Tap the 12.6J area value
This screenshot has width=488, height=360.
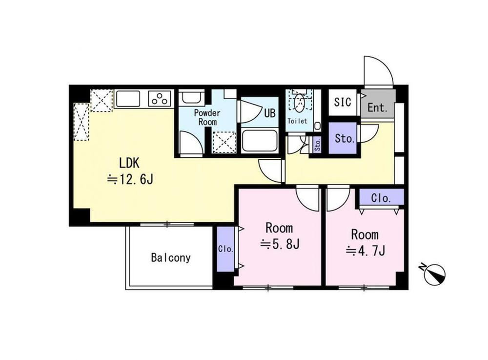(x=130, y=179)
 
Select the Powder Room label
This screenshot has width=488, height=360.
(x=207, y=117)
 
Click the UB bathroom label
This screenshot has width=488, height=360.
(x=270, y=113)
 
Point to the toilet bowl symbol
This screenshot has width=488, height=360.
(x=300, y=103)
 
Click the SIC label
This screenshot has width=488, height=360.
(x=343, y=102)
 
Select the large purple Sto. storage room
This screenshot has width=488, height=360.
(x=345, y=138)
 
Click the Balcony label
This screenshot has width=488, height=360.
(x=170, y=258)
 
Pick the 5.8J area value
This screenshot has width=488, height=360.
(x=280, y=244)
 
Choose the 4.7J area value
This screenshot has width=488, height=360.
(x=366, y=250)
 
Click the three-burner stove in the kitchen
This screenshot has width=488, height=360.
(x=161, y=99)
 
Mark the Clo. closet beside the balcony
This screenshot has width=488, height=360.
(x=225, y=249)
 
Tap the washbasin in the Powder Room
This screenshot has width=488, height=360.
(x=192, y=98)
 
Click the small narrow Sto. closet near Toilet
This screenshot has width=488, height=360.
(x=318, y=145)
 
